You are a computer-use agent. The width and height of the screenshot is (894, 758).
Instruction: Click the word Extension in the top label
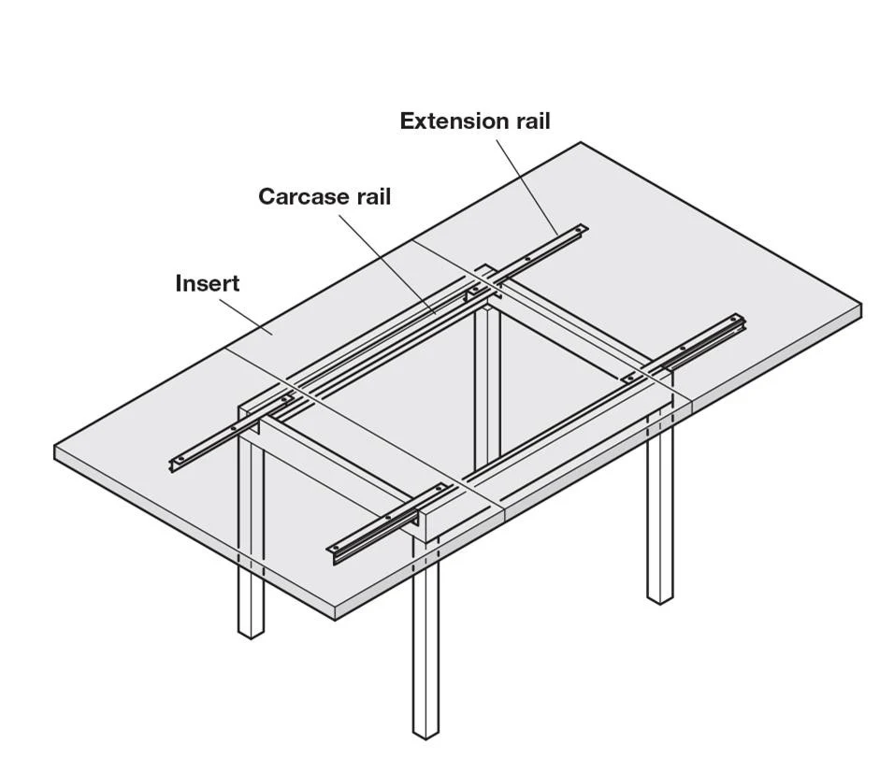[447, 122]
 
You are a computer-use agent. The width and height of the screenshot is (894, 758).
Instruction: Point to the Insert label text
[208, 283]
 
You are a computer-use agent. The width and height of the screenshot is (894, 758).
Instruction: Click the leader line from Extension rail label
[526, 187]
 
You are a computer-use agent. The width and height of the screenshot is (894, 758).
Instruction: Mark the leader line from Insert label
[246, 315]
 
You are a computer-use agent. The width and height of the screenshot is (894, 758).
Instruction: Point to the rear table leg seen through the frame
[487, 385]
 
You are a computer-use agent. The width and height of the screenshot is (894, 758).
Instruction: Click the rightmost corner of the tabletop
[861, 305]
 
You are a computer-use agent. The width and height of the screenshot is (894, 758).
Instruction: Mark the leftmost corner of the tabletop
[55, 445]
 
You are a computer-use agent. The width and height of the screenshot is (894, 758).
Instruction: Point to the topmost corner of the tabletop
[581, 142]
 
